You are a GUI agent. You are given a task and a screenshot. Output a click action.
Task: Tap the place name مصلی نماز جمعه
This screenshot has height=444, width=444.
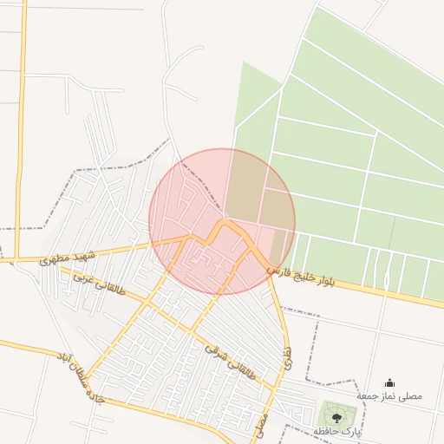pyautogui.click(x=389, y=395)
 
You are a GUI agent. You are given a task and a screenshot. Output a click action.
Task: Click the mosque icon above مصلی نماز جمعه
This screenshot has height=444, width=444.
pyautogui.click(x=389, y=382)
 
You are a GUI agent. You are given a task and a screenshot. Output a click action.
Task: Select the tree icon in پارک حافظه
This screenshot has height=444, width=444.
pyautogui.click(x=336, y=417)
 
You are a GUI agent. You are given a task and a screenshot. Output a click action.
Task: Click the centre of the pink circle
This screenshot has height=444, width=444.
pyautogui.click(x=222, y=222)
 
